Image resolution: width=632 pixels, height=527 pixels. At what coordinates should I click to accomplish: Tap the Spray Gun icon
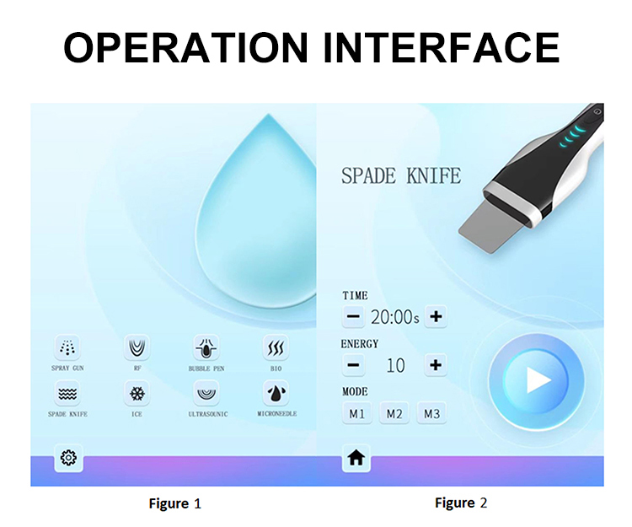67,347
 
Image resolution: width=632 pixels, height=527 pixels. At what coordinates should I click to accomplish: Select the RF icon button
137,347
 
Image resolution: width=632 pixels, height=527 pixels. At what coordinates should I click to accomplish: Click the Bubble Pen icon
206,347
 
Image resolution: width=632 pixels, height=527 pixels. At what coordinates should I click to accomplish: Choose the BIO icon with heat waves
276,347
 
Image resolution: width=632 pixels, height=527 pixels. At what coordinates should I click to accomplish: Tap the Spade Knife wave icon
67,393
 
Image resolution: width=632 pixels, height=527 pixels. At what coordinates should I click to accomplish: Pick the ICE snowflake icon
137,393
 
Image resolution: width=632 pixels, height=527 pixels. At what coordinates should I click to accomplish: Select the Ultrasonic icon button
206,393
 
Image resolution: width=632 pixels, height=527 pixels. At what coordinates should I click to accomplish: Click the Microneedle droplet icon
276,393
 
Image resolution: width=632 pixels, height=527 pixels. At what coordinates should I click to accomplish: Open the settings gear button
68,458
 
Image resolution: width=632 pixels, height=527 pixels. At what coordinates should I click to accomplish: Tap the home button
356,458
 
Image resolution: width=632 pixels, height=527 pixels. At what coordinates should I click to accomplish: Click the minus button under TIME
353,316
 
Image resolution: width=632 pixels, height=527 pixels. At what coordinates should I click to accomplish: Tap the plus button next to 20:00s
436,316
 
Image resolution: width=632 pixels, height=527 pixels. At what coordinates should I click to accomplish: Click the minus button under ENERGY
353,365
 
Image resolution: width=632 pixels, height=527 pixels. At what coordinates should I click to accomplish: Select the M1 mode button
356,413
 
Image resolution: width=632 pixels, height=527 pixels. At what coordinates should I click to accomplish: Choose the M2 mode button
394,413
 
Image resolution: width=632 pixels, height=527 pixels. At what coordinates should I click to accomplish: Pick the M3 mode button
431,413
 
